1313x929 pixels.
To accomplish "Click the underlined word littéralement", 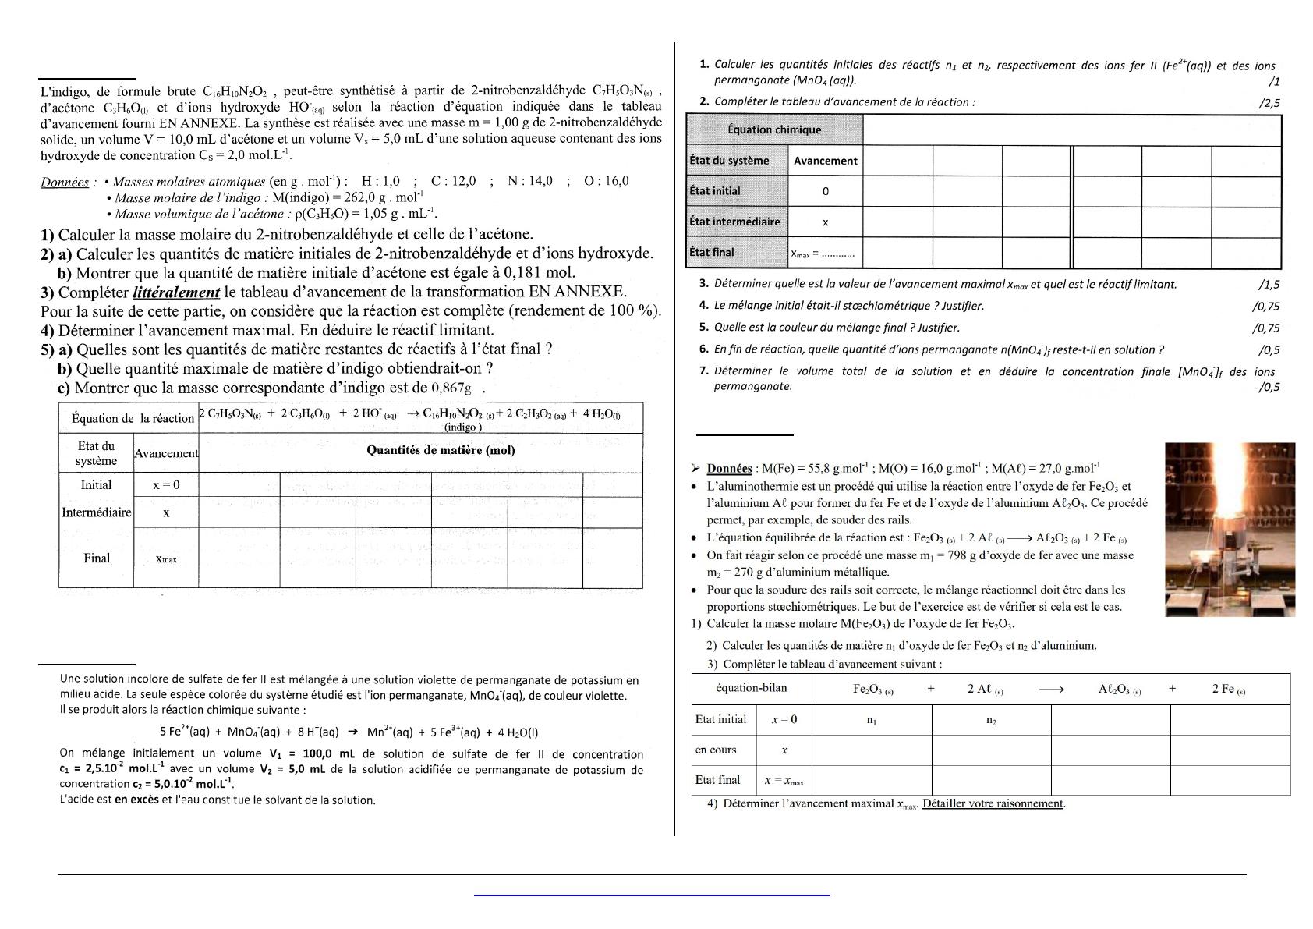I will [x=176, y=293].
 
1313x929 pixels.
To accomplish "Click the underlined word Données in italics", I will [x=65, y=183].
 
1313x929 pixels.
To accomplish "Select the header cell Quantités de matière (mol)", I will [x=441, y=450].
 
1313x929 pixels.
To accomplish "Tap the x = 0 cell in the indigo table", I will [x=166, y=485].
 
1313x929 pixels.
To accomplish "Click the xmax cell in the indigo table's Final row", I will [x=166, y=558].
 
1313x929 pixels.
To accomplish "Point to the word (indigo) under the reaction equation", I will [x=462, y=427].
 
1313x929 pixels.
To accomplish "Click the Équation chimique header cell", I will [x=774, y=130].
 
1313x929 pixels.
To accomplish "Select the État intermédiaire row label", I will [x=734, y=222].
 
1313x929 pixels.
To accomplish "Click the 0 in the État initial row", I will [x=826, y=191].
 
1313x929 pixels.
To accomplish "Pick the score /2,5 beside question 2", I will [x=1269, y=102].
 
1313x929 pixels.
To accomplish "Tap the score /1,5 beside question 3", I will [x=1269, y=285].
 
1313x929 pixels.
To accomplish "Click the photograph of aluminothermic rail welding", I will [x=1230, y=530].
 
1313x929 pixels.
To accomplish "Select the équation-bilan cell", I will [x=752, y=688].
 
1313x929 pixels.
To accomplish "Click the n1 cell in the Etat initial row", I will [x=872, y=721].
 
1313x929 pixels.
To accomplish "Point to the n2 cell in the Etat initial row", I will [x=991, y=721].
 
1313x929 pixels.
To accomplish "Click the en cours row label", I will [x=716, y=750].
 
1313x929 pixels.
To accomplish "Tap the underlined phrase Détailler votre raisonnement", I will [x=993, y=803].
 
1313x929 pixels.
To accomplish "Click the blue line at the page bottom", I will [x=652, y=895].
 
